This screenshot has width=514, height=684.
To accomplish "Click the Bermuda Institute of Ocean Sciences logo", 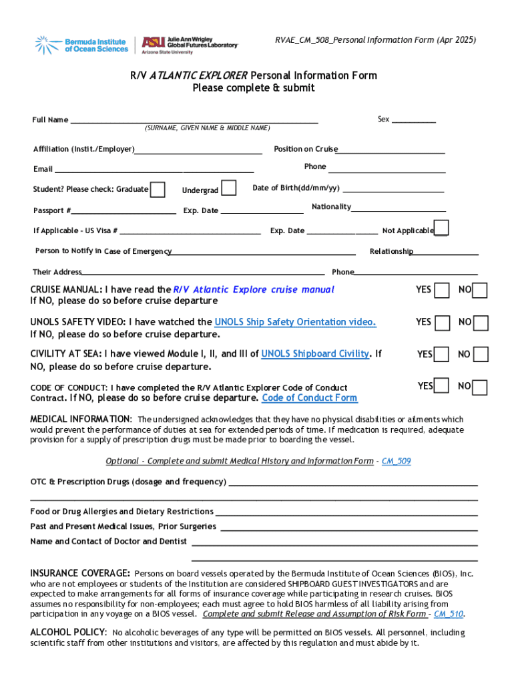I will click(81, 45).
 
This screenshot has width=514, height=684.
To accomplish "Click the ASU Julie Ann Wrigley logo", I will click(190, 45).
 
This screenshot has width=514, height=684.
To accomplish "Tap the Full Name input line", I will click(194, 121).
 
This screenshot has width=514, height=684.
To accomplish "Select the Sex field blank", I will click(413, 120).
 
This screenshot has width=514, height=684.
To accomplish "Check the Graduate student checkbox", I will click(158, 190).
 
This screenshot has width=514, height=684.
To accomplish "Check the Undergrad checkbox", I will click(228, 189).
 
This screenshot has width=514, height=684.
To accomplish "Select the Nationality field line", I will click(399, 208).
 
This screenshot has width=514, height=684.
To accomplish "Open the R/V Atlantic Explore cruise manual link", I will click(254, 290).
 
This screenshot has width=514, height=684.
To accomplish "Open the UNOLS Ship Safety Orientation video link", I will click(295, 322).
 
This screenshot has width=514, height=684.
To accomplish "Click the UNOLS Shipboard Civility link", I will click(315, 354).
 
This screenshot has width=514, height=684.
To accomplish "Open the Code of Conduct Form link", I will click(309, 398).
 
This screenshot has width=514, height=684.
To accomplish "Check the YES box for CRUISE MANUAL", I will click(442, 291).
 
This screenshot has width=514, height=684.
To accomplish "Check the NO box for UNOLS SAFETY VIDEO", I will click(481, 323).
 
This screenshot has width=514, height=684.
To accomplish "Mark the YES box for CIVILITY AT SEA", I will click(441, 354).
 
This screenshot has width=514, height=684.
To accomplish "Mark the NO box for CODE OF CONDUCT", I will click(480, 387).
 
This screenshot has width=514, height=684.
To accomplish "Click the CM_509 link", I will click(396, 461).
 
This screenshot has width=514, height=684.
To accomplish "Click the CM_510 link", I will click(449, 614).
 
